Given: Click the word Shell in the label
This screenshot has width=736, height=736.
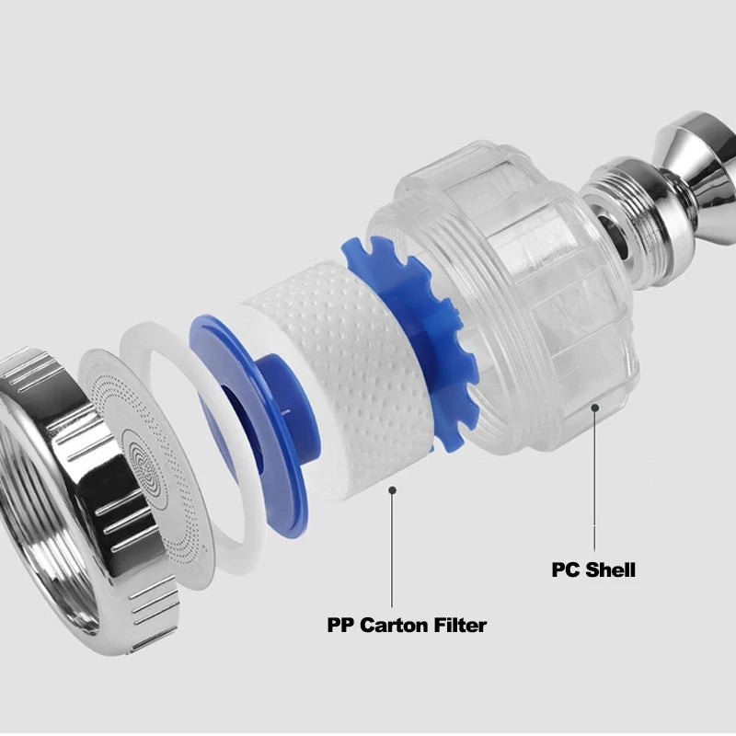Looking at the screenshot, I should click(x=609, y=569).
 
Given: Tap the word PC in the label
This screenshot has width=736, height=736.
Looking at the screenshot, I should click(x=565, y=569).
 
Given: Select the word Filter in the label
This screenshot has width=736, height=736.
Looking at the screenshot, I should click(x=460, y=626).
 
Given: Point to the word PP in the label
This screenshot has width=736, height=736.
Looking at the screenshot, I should click(x=341, y=626).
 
